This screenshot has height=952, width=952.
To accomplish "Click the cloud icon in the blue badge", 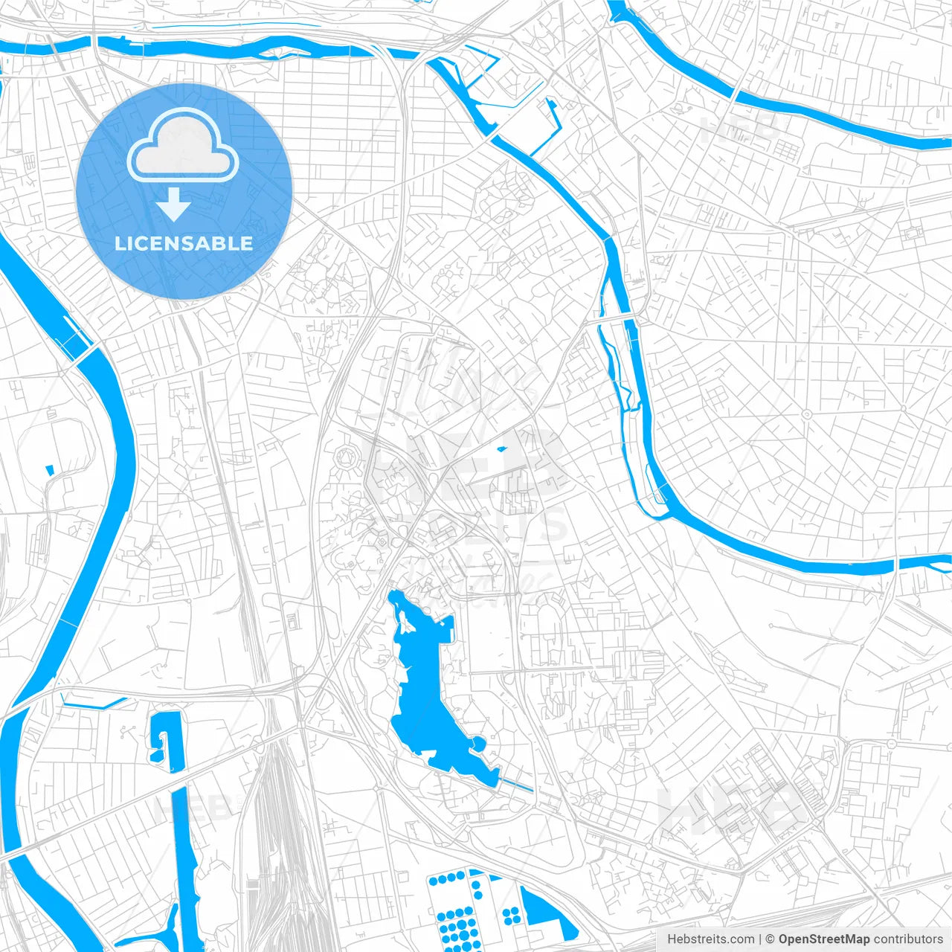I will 183,146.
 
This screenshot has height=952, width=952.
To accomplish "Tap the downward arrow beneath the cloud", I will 174,204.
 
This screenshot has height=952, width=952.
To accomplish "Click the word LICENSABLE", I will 184,243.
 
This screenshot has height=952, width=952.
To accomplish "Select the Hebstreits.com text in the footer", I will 710,939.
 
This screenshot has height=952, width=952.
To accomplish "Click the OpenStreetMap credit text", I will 823,939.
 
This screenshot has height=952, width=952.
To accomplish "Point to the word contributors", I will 908,939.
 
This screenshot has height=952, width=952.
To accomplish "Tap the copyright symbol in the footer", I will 770,939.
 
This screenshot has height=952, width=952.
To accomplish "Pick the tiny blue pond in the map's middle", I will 501,448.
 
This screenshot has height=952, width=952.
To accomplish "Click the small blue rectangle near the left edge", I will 50,470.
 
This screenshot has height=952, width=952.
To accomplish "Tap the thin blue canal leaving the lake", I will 516,783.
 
